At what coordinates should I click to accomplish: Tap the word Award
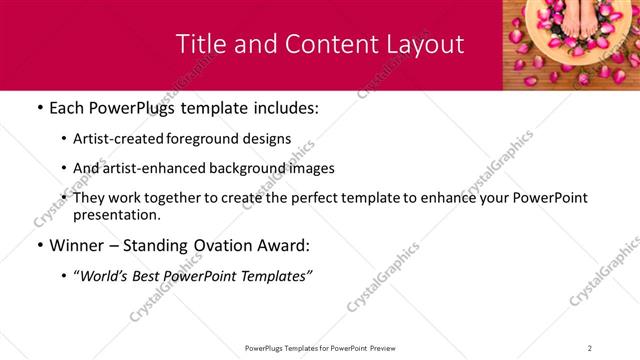click(x=286, y=245)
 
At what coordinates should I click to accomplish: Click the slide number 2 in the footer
click(x=590, y=348)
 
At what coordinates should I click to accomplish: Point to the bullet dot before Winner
click(x=39, y=246)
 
